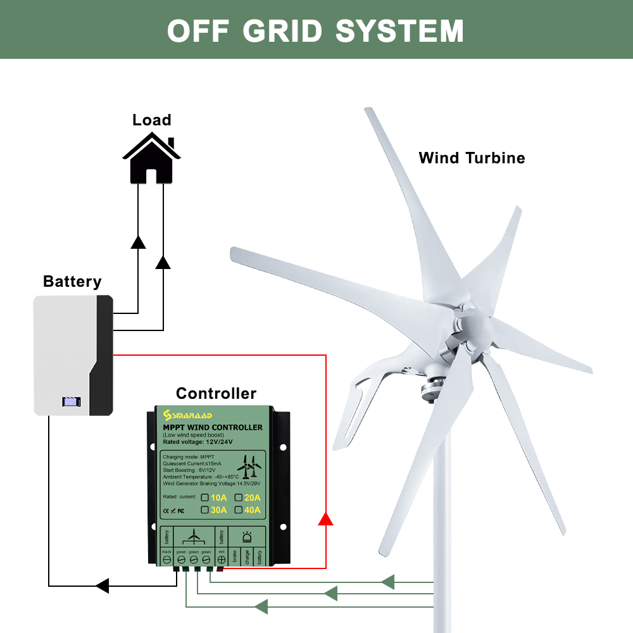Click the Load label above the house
click(152, 120)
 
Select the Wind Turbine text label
click(472, 158)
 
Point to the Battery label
click(72, 281)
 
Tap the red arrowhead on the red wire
click(325, 519)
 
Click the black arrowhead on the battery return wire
click(102, 586)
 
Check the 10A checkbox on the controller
click(204, 497)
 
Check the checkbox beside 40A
click(239, 510)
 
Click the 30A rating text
click(218, 510)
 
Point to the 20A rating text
click(253, 497)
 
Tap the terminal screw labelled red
click(221, 560)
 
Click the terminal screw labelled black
click(167, 560)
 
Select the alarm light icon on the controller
click(248, 537)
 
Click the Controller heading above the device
click(216, 393)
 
